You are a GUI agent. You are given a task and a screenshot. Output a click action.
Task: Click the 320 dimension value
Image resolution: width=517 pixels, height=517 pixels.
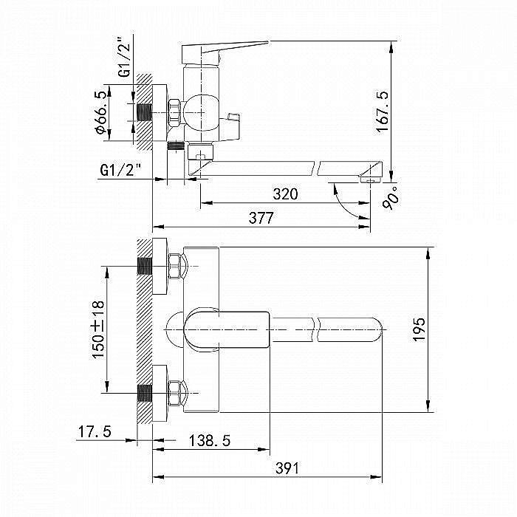285,194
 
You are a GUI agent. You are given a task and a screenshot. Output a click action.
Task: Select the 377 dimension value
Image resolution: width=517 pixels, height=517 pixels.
261,218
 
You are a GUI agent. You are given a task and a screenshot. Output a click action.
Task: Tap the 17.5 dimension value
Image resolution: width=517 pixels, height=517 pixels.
93,432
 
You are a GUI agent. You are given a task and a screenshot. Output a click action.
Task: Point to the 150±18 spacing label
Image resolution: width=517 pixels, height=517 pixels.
97,330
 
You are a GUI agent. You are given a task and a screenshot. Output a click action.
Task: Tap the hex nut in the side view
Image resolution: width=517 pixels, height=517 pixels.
175,112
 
